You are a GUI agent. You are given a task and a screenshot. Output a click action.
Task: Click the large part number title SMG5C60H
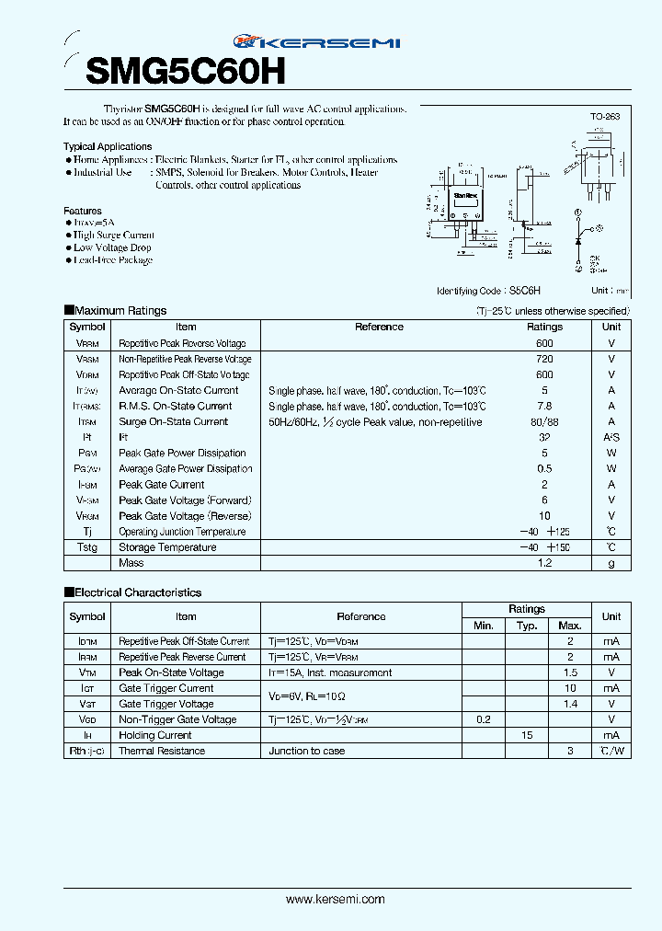click(187, 70)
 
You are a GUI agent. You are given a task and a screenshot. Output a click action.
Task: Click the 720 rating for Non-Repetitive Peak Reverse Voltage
click(544, 359)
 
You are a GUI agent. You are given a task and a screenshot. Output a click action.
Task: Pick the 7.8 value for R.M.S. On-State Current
click(544, 406)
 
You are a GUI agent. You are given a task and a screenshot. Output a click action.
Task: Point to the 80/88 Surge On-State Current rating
click(544, 421)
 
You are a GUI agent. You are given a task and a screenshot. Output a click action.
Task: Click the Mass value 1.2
click(544, 563)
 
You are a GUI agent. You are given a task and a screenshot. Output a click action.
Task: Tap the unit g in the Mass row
click(611, 563)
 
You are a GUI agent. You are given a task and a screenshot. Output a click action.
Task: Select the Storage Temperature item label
click(167, 547)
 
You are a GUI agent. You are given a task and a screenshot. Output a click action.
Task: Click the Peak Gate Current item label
click(162, 485)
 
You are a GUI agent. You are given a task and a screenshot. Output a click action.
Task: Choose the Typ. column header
click(527, 626)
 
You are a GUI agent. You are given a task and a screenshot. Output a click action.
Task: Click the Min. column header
click(484, 626)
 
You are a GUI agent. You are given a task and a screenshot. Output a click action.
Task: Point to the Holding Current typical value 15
click(527, 735)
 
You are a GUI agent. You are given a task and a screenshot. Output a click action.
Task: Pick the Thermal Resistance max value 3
click(570, 751)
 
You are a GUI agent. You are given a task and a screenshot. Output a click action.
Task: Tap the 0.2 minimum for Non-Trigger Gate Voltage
click(484, 719)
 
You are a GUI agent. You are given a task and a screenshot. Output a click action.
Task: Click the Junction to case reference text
click(307, 751)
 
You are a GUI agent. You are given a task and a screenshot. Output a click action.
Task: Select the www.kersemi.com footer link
click(336, 899)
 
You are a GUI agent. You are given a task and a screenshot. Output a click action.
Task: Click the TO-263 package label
click(605, 117)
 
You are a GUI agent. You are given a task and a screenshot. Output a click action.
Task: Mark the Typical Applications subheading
click(108, 146)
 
